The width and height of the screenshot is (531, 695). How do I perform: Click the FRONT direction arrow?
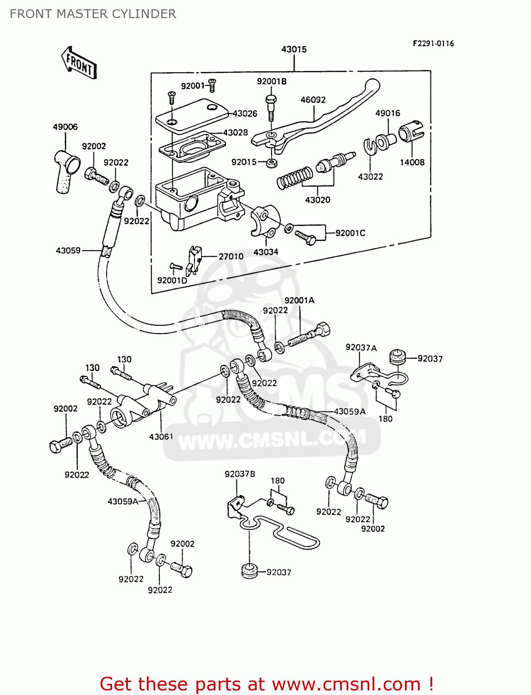pos(79,63)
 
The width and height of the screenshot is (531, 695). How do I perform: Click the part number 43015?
pos(294,49)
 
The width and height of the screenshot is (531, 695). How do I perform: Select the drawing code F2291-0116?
pos(433,44)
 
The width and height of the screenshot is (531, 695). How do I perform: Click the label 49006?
pos(65,126)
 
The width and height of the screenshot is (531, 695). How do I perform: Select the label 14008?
pos(412,162)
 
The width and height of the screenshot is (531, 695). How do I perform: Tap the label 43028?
pos(235,133)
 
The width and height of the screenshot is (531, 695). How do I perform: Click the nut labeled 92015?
pos(272,163)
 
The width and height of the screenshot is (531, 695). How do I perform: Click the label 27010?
pos(231,256)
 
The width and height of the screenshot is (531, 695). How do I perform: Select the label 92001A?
pos(299,300)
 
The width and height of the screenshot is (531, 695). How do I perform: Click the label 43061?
pos(161,436)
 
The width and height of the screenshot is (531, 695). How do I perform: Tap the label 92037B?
pos(240,474)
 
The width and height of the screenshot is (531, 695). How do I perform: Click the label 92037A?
pos(361,347)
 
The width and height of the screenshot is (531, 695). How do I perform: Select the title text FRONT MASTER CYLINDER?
pos(93,14)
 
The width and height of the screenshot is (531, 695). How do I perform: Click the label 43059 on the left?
pos(68,250)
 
